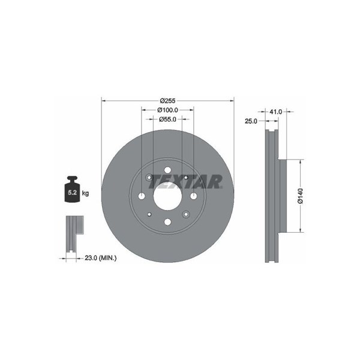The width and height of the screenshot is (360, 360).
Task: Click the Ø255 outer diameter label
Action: click(167, 101)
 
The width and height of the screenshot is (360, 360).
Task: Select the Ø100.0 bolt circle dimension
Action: click(167, 110)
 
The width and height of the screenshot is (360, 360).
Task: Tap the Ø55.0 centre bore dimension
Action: click(167, 119)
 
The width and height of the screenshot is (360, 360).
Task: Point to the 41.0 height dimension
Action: click(275, 112)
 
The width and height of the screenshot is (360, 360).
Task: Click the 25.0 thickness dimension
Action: click(251, 121)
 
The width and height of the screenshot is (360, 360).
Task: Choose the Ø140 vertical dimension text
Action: click(301, 196)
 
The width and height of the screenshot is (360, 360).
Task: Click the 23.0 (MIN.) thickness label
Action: click(101, 258)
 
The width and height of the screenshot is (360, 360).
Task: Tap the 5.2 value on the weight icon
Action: click(72, 193)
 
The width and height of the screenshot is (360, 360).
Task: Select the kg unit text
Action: click(85, 193)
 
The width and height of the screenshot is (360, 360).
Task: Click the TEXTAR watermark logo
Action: click(185, 182)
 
